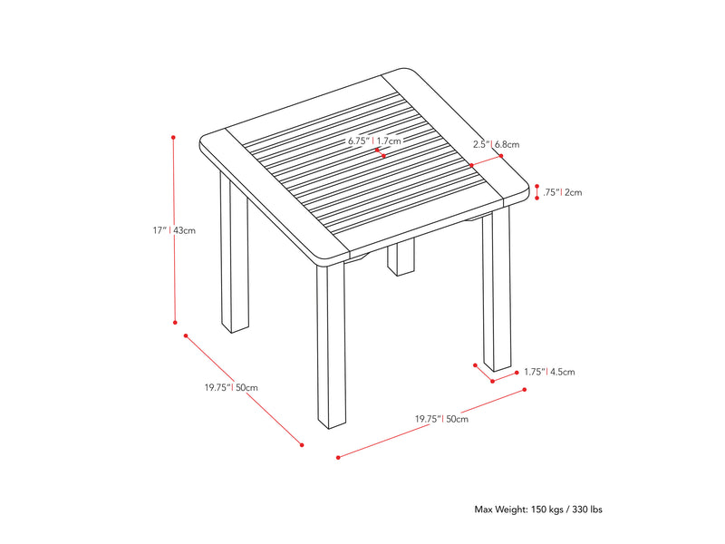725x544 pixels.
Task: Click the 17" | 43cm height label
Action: [174, 230]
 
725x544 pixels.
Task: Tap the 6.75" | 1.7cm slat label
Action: [374, 141]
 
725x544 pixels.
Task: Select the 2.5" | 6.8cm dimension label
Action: [496, 144]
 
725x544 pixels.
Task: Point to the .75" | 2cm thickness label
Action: [562, 192]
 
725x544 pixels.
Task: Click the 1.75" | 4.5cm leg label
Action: [549, 372]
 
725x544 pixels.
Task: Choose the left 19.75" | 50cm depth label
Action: [231, 388]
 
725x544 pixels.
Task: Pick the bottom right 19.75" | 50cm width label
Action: [441, 419]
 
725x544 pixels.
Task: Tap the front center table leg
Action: [331, 345]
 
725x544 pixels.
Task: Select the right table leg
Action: [497, 289]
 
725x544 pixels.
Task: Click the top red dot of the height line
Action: [173, 138]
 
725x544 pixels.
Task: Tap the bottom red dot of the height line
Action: [175, 323]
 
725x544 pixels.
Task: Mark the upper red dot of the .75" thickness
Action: [536, 186]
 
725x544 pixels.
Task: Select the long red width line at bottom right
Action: [431, 423]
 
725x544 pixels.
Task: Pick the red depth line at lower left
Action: [244, 390]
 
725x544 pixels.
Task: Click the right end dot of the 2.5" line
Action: [501, 156]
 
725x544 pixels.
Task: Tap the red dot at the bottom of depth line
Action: [302, 445]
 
